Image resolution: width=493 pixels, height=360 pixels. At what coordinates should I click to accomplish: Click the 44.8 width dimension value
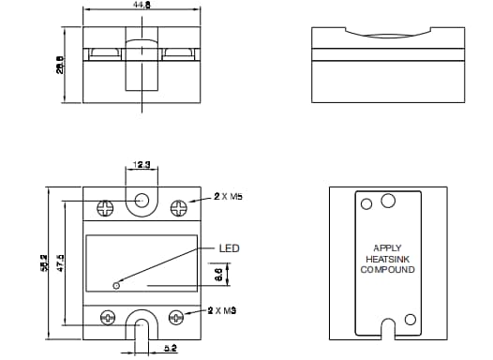(x=142, y=5)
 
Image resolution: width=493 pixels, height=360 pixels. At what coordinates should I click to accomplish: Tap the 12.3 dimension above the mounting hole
(x=142, y=165)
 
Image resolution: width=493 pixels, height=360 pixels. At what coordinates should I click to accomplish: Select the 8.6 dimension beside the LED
(x=218, y=275)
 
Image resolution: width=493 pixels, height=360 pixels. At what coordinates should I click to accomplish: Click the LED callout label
(x=230, y=248)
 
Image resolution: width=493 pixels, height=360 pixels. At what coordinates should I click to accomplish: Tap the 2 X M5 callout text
(x=229, y=197)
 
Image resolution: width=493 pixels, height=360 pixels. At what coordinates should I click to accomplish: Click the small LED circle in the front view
(x=116, y=284)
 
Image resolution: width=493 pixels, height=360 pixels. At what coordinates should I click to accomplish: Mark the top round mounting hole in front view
(x=142, y=201)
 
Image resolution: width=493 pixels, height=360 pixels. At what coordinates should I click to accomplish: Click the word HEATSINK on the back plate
(x=385, y=260)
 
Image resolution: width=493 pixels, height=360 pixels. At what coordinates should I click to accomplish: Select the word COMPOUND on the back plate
(x=385, y=270)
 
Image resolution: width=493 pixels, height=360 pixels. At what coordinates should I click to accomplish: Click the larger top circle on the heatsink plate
(x=388, y=199)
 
